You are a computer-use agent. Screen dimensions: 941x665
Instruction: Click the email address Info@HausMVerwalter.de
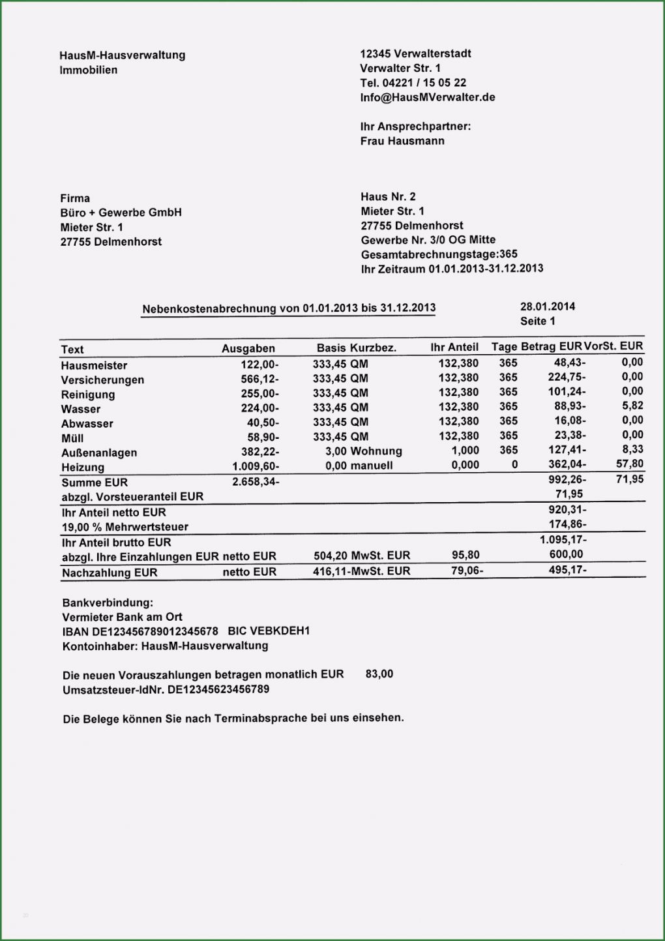(427, 98)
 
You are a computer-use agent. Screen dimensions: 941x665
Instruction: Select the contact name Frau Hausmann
(402, 141)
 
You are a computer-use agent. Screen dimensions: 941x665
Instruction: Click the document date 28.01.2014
(548, 306)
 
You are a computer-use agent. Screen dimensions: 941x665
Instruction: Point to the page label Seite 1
(537, 321)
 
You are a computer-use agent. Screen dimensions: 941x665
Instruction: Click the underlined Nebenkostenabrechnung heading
(289, 308)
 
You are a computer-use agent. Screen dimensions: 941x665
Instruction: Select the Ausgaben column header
(248, 349)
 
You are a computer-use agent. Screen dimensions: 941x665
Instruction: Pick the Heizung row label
(82, 468)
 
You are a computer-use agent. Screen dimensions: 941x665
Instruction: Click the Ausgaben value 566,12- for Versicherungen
(259, 380)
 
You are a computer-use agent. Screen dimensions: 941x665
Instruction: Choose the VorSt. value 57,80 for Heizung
(629, 464)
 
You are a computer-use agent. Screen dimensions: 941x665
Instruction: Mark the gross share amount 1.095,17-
(563, 540)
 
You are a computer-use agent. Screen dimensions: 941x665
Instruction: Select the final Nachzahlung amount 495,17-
(567, 570)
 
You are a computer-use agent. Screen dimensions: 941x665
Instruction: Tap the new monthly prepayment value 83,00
(379, 674)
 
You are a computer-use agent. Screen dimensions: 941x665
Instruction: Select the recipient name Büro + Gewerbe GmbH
(121, 213)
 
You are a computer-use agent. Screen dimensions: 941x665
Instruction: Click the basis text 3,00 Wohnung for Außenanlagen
(363, 451)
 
